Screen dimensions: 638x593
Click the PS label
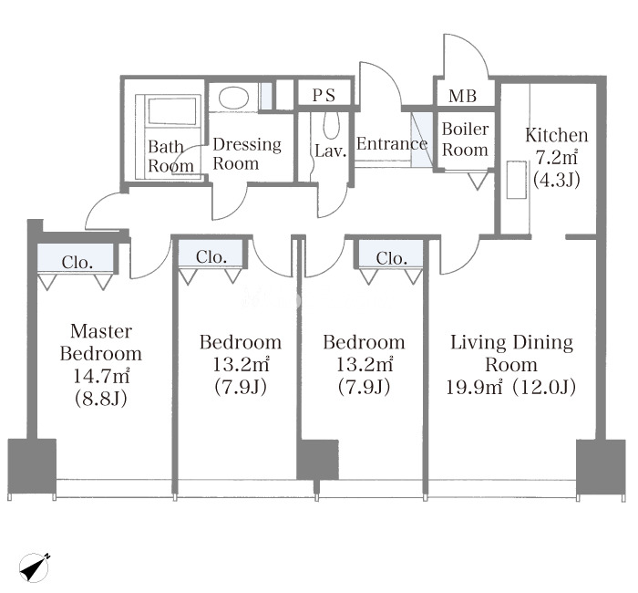pos(324,95)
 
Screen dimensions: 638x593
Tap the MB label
pos(463,96)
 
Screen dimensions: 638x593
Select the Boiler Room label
pos(465,140)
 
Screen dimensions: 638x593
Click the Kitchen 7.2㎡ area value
pos(556,157)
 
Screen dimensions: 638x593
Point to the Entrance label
pos(392,143)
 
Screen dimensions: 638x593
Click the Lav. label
pos(330,151)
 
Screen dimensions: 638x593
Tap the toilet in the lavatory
pos(331,126)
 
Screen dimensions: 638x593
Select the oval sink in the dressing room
pos(233,98)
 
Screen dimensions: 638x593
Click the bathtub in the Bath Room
pos(171,112)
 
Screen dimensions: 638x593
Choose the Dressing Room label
pos(247,154)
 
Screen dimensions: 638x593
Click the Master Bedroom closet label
pos(77,263)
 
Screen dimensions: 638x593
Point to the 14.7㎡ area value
pos(101,376)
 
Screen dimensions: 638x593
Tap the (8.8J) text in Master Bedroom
pos(101,399)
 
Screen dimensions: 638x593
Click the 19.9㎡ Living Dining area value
pos(474,387)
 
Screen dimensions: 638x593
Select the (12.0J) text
pos(544,388)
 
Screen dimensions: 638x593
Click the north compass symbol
pos(35,567)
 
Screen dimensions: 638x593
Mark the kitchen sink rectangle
pos(517,180)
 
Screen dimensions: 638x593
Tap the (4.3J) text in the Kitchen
pos(557,179)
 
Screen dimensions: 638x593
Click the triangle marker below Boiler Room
pos(477,182)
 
